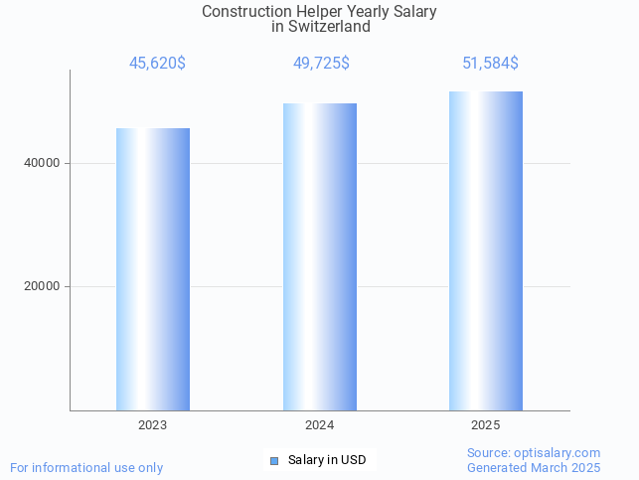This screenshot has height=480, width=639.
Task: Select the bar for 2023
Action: pyautogui.click(x=153, y=268)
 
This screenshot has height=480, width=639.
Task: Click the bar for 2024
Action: pyautogui.click(x=320, y=256)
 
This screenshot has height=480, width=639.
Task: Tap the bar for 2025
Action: pyautogui.click(x=486, y=250)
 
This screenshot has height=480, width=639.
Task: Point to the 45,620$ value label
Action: pyautogui.click(x=157, y=64)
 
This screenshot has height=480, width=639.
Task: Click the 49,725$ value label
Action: pyautogui.click(x=321, y=64)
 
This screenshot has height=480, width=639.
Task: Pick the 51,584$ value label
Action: pyautogui.click(x=490, y=64)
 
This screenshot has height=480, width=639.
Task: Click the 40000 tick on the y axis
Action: pyautogui.click(x=41, y=163)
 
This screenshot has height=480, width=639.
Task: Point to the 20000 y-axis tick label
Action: pyautogui.click(x=41, y=286)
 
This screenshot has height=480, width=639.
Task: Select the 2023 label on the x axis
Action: pyautogui.click(x=153, y=424)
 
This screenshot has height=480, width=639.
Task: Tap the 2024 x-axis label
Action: pyautogui.click(x=320, y=424)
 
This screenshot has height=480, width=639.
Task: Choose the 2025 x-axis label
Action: pyautogui.click(x=486, y=424)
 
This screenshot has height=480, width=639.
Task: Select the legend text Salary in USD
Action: pyautogui.click(x=327, y=460)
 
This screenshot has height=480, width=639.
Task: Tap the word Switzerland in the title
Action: pyautogui.click(x=331, y=27)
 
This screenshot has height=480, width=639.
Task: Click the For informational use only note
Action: pyautogui.click(x=86, y=467)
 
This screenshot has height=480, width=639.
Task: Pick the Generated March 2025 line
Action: pyautogui.click(x=534, y=467)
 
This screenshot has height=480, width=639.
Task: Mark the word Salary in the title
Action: pyautogui.click(x=414, y=12)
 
